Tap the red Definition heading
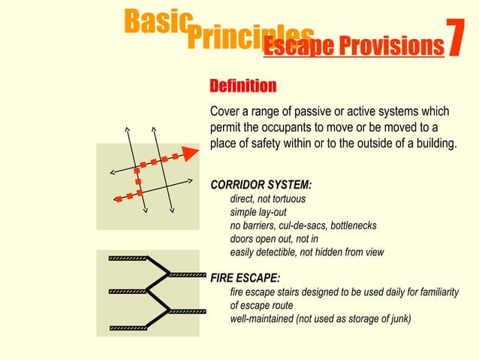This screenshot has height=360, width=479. click(x=243, y=85)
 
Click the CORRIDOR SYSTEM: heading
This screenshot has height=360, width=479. click(x=261, y=185)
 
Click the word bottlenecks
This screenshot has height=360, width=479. click(x=349, y=225)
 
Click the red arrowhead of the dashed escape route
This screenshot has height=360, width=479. click(x=191, y=153)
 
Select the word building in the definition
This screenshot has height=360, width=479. click(x=432, y=144)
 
